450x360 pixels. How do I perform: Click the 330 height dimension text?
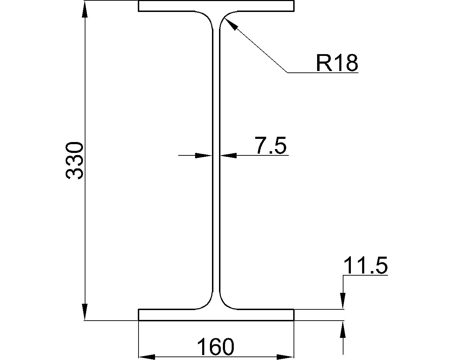point(75,161)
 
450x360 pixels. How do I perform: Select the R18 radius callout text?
point(336,63)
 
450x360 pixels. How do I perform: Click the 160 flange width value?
point(215,347)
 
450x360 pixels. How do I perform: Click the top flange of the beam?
point(216,6)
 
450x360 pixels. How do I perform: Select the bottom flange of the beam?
point(216,315)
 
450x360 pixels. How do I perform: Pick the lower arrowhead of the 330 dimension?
point(85,312)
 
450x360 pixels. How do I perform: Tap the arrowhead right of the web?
point(229,155)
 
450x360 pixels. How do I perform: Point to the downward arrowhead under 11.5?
point(343,301)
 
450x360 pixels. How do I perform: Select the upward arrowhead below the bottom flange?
point(343,329)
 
